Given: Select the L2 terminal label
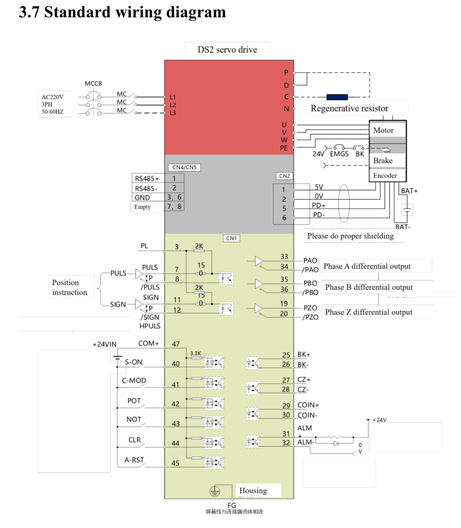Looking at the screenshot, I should click(173, 105).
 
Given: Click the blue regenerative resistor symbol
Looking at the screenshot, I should click(337, 97).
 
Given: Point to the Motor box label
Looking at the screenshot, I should click(383, 130).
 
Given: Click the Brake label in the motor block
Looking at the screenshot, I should click(382, 160).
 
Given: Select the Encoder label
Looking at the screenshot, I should click(385, 176).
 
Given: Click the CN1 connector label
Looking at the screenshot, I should click(232, 238).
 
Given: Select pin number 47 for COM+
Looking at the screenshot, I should click(175, 344).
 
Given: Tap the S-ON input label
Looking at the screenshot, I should click(134, 362).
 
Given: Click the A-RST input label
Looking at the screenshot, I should click(134, 460).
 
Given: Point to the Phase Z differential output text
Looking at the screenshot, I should click(368, 312).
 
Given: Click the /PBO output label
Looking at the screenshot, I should click(311, 292).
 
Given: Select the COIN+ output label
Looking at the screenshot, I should click(308, 405).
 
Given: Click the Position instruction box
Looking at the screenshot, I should click(70, 287).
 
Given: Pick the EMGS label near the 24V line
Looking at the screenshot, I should click(339, 154).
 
